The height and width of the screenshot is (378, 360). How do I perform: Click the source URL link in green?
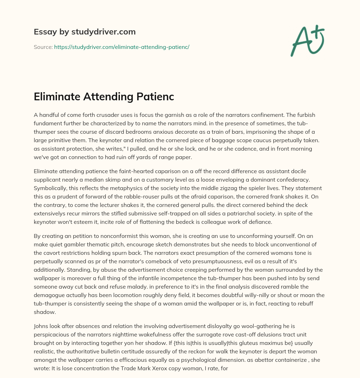click(x=122, y=47)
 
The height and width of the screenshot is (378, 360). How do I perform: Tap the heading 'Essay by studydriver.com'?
click(x=85, y=32)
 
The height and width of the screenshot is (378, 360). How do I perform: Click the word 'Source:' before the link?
click(x=43, y=47)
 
